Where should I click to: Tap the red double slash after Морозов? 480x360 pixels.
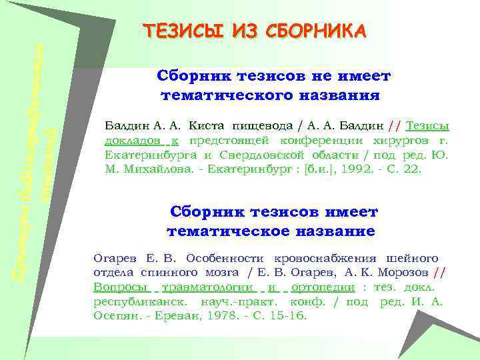click(438, 272)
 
